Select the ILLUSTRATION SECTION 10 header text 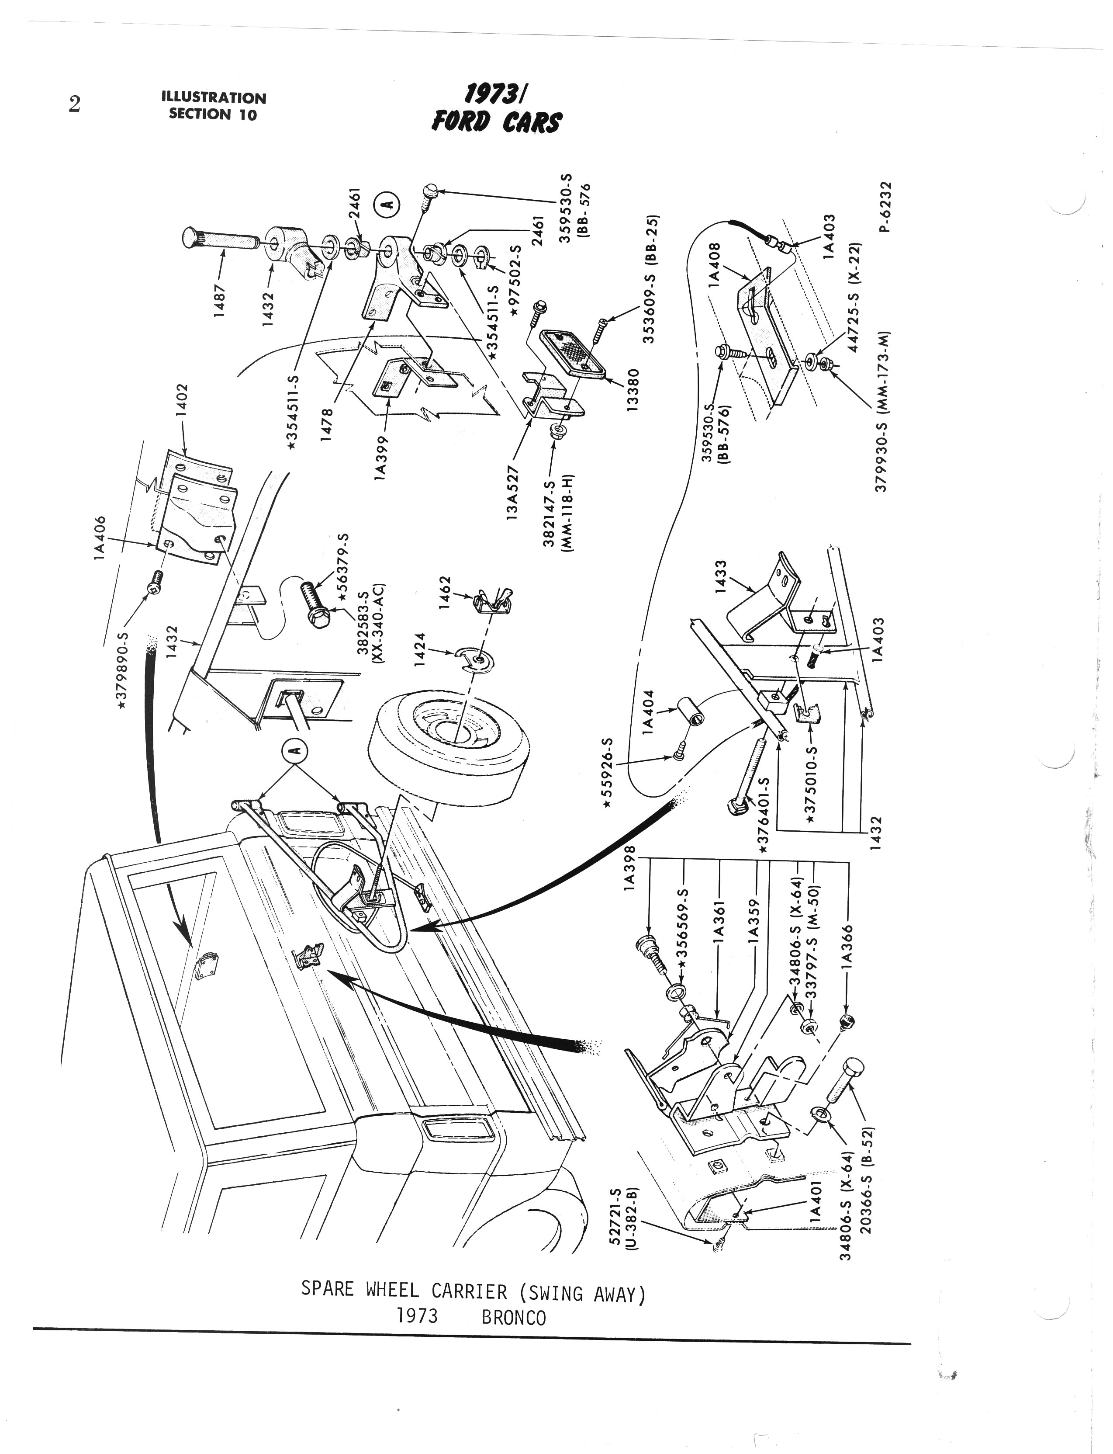(213, 106)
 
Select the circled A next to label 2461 (387, 204)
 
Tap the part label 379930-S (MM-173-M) (881, 411)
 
